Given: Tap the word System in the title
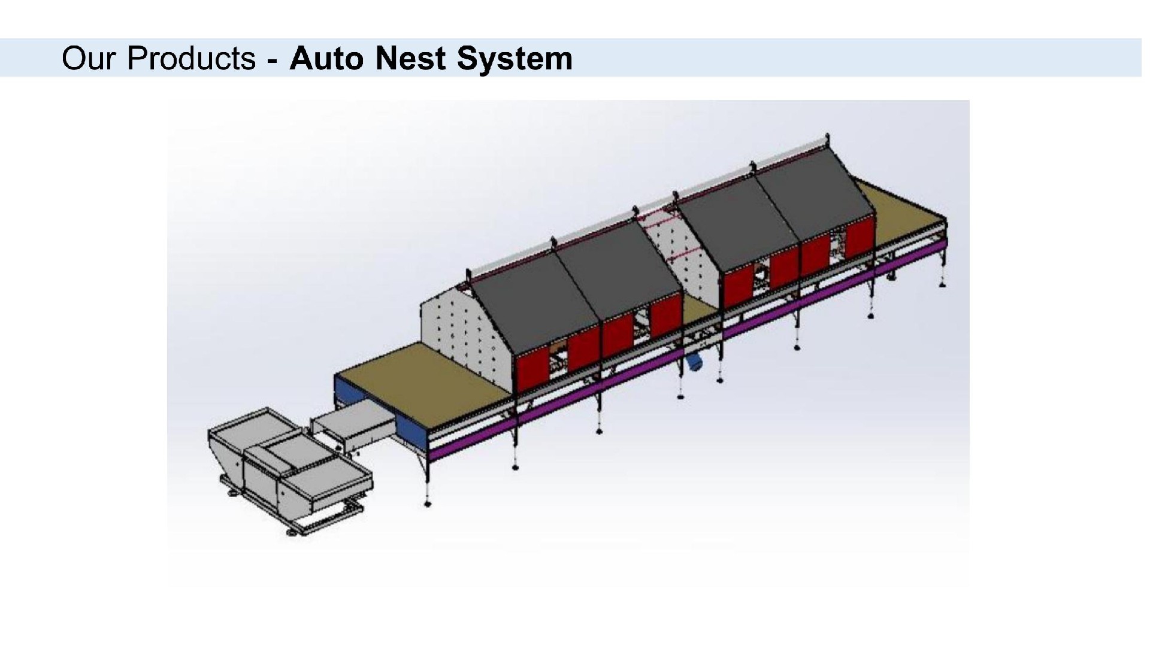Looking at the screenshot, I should [514, 59].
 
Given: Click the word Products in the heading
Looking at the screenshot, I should [192, 59].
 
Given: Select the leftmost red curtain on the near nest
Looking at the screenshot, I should [532, 371].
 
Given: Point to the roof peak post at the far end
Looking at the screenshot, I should [827, 138].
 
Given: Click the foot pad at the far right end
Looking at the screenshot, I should [942, 285].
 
